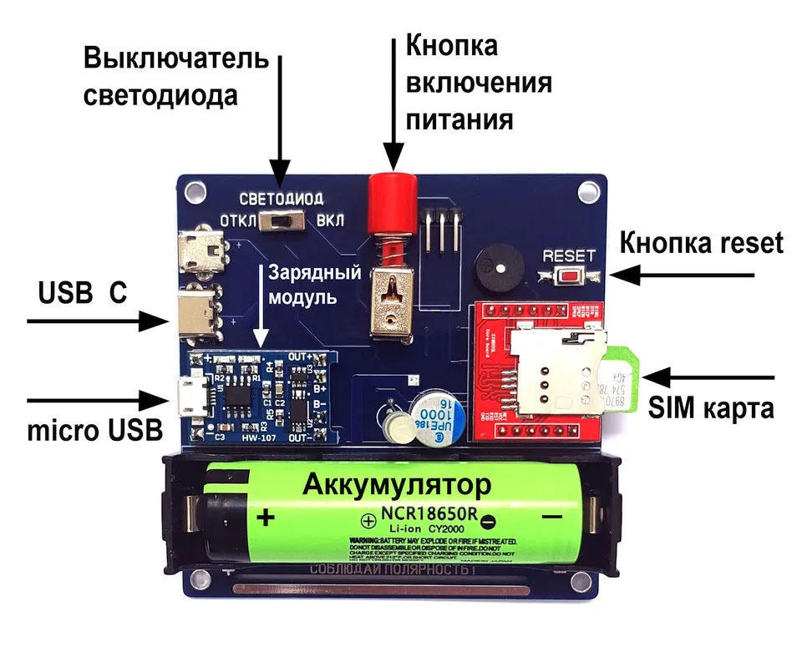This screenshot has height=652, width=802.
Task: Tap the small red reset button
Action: coord(571,276)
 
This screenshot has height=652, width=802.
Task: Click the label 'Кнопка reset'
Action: coord(701,243)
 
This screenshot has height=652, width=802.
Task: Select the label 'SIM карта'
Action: coord(711,409)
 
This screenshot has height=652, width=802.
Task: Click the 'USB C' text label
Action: coord(83,293)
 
